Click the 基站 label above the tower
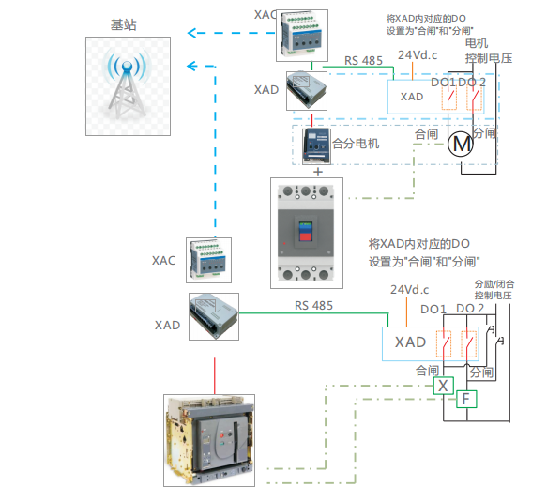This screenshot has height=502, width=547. pyautogui.click(x=124, y=24)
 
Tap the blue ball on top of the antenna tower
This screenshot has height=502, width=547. pyautogui.click(x=128, y=66)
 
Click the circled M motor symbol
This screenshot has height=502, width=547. pyautogui.click(x=461, y=144)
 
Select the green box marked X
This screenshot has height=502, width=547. pyautogui.click(x=444, y=386)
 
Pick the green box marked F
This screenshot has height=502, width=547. pyautogui.click(x=466, y=399)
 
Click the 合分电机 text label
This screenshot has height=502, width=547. pyautogui.click(x=356, y=143)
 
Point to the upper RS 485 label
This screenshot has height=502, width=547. pyautogui.click(x=363, y=61)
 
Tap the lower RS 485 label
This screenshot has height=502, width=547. pyautogui.click(x=313, y=306)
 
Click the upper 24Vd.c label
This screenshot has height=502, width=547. pyautogui.click(x=418, y=54)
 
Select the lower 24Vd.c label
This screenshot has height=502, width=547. pyautogui.click(x=410, y=290)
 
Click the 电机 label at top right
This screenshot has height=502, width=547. pyautogui.click(x=477, y=43)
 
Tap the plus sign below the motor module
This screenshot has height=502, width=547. pyautogui.click(x=318, y=172)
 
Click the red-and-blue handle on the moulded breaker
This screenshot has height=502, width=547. pyautogui.click(x=306, y=232)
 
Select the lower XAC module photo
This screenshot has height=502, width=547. pyautogui.click(x=208, y=260)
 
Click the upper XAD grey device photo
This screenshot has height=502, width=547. pyautogui.click(x=307, y=91)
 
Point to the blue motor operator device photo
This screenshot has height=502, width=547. pyautogui.click(x=317, y=146)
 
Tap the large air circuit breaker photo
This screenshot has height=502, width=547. pyautogui.click(x=209, y=440)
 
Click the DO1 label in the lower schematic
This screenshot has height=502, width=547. pyautogui.click(x=433, y=309)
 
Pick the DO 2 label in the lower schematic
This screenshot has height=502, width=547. pyautogui.click(x=470, y=309)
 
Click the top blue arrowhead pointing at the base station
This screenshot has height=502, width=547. pyautogui.click(x=192, y=33)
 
